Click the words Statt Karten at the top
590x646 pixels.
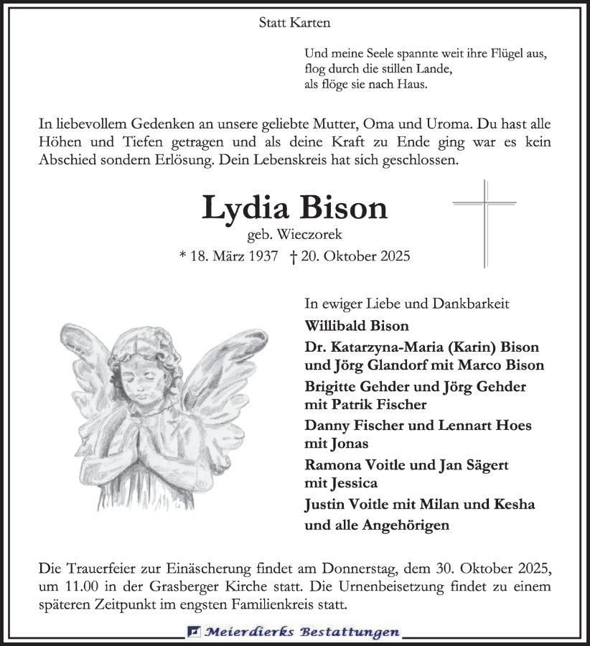coord(294,23)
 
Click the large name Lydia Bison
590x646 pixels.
coord(294,208)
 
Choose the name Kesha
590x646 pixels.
coord(512,504)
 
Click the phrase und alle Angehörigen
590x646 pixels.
coord(377,525)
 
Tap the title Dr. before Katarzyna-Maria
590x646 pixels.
coord(314,347)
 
